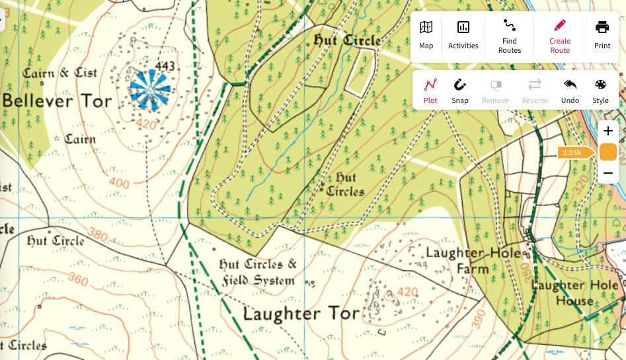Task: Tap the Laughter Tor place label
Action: click(x=301, y=313)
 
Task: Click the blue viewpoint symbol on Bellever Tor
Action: click(x=149, y=89)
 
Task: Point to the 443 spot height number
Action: click(x=165, y=66)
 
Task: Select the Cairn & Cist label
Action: click(x=59, y=73)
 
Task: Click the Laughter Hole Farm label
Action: click(x=473, y=261)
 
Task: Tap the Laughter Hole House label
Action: click(x=575, y=293)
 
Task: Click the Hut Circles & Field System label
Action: click(x=258, y=273)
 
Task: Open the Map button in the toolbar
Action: click(x=426, y=35)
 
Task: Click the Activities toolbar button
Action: click(x=463, y=35)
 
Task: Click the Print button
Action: click(x=602, y=35)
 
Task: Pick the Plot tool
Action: click(x=430, y=91)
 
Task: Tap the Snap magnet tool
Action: click(x=460, y=91)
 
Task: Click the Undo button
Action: click(x=570, y=91)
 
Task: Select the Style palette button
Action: click(x=600, y=91)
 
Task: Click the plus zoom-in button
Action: click(x=608, y=131)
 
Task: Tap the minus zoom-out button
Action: click(x=608, y=174)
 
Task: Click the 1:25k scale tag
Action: click(x=572, y=153)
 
